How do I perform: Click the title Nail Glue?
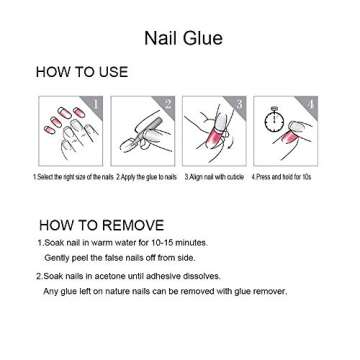pyautogui.click(x=180, y=39)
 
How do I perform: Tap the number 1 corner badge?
pyautogui.click(x=96, y=104)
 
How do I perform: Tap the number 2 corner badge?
pyautogui.click(x=168, y=104)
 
